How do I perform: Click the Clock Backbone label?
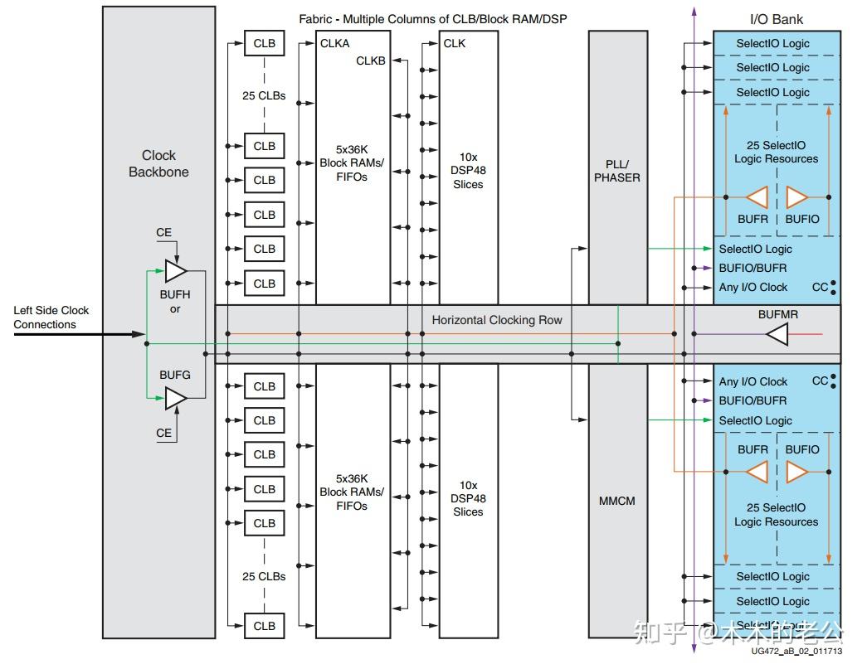click(x=158, y=163)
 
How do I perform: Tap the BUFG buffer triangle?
click(x=175, y=399)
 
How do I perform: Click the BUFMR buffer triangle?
click(x=777, y=335)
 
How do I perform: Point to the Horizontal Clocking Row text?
click(x=496, y=320)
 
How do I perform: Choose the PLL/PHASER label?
click(x=617, y=170)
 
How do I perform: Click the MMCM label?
click(x=617, y=501)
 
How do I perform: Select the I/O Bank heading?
click(x=776, y=19)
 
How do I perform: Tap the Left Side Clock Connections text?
click(x=51, y=318)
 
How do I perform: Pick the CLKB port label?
click(x=371, y=61)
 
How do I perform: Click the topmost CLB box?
click(x=264, y=43)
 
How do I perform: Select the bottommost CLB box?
click(x=264, y=626)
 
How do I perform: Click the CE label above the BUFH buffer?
click(x=164, y=232)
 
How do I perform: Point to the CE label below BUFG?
click(x=164, y=433)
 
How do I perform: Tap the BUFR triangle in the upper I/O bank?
click(x=757, y=197)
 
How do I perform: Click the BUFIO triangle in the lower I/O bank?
click(x=796, y=472)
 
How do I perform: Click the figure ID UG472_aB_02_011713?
click(x=796, y=652)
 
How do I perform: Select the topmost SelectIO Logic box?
click(x=772, y=43)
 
